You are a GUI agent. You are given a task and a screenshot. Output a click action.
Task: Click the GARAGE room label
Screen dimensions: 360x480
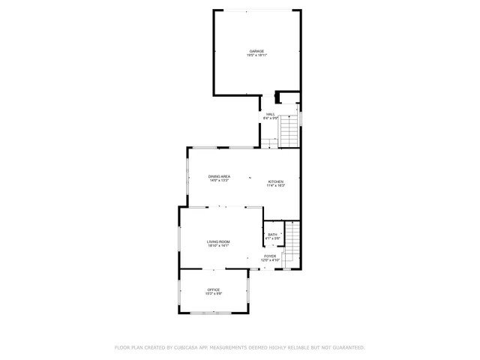click(x=256, y=51)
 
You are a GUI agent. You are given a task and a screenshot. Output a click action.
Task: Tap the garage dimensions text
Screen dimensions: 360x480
click(x=256, y=55)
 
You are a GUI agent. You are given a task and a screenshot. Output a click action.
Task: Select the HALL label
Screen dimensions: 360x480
click(x=270, y=114)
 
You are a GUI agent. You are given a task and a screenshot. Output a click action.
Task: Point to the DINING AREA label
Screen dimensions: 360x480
click(x=219, y=176)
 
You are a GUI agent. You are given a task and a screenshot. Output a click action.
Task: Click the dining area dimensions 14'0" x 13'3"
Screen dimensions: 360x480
click(x=219, y=181)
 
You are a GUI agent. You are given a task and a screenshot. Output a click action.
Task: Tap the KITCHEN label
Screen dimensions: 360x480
click(x=276, y=181)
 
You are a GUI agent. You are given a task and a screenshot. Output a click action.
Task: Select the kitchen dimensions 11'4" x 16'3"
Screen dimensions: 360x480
click(x=276, y=186)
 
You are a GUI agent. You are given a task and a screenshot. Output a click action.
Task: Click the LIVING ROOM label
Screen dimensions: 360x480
click(x=218, y=241)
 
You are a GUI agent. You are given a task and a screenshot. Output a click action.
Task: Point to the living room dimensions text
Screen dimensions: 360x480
click(x=218, y=246)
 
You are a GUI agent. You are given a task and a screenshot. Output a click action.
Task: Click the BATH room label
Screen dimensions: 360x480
click(x=272, y=234)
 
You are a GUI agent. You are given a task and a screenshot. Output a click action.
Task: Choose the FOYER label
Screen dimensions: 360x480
click(x=270, y=256)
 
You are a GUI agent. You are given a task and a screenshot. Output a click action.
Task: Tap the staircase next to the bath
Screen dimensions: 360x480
click(x=292, y=240)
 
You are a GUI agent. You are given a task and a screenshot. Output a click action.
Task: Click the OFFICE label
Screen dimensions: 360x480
click(x=214, y=289)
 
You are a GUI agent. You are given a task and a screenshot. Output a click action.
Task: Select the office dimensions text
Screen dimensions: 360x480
click(x=214, y=294)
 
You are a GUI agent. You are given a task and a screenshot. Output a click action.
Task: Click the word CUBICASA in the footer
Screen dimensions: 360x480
click(x=190, y=347)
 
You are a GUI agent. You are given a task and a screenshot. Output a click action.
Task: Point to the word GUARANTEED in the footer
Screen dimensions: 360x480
click(x=346, y=347)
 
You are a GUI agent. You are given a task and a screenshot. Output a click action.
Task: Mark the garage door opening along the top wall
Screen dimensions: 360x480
click(x=258, y=10)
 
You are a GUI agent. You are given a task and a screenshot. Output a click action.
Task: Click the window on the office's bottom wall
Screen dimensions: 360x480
click(x=213, y=313)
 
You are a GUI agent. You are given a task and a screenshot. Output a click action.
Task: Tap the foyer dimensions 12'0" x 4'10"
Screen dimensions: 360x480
click(x=270, y=260)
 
